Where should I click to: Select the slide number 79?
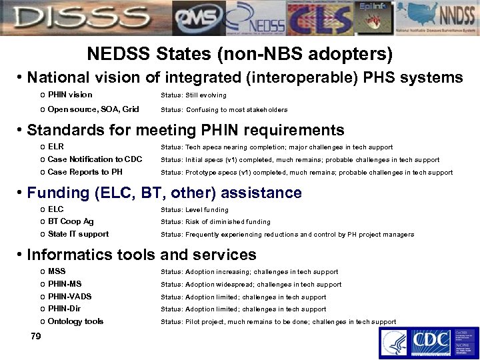(36, 336)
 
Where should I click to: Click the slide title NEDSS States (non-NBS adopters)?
(240, 53)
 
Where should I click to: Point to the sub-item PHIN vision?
(70, 95)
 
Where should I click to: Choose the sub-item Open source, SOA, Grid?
(93, 109)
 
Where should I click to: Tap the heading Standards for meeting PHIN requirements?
(185, 129)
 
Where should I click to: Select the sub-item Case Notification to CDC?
(95, 159)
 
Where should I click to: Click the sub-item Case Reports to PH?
(85, 172)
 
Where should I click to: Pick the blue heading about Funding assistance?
(164, 193)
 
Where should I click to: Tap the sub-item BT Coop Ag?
(71, 221)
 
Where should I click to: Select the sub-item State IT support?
(78, 234)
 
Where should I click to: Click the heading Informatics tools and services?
(141, 254)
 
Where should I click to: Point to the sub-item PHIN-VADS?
(70, 297)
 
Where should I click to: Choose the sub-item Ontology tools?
(75, 321)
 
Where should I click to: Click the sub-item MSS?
(57, 271)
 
